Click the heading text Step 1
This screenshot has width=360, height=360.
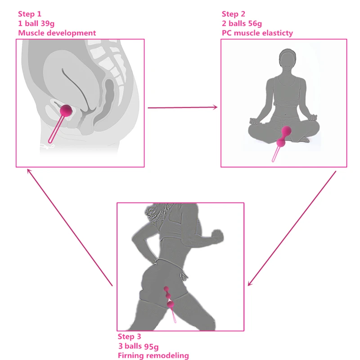click(x=30, y=14)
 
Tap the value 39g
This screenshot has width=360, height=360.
click(x=48, y=24)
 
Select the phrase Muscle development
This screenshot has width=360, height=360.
click(x=57, y=33)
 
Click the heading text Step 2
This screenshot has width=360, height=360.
click(x=233, y=14)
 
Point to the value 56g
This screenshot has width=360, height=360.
click(x=255, y=24)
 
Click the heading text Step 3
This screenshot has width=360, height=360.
click(x=129, y=337)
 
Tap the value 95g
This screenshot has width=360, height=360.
click(x=151, y=346)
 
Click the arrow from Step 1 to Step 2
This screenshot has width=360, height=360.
click(x=183, y=108)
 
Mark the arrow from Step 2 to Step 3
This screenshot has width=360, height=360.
click(x=292, y=228)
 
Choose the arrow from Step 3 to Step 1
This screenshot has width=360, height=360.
click(x=70, y=227)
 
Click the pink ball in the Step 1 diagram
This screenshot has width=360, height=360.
click(x=66, y=111)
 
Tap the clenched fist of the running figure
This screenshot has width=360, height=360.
click(x=217, y=236)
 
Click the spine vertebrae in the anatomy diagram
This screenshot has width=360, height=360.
click(x=110, y=62)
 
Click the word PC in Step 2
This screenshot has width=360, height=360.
click(x=227, y=33)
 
